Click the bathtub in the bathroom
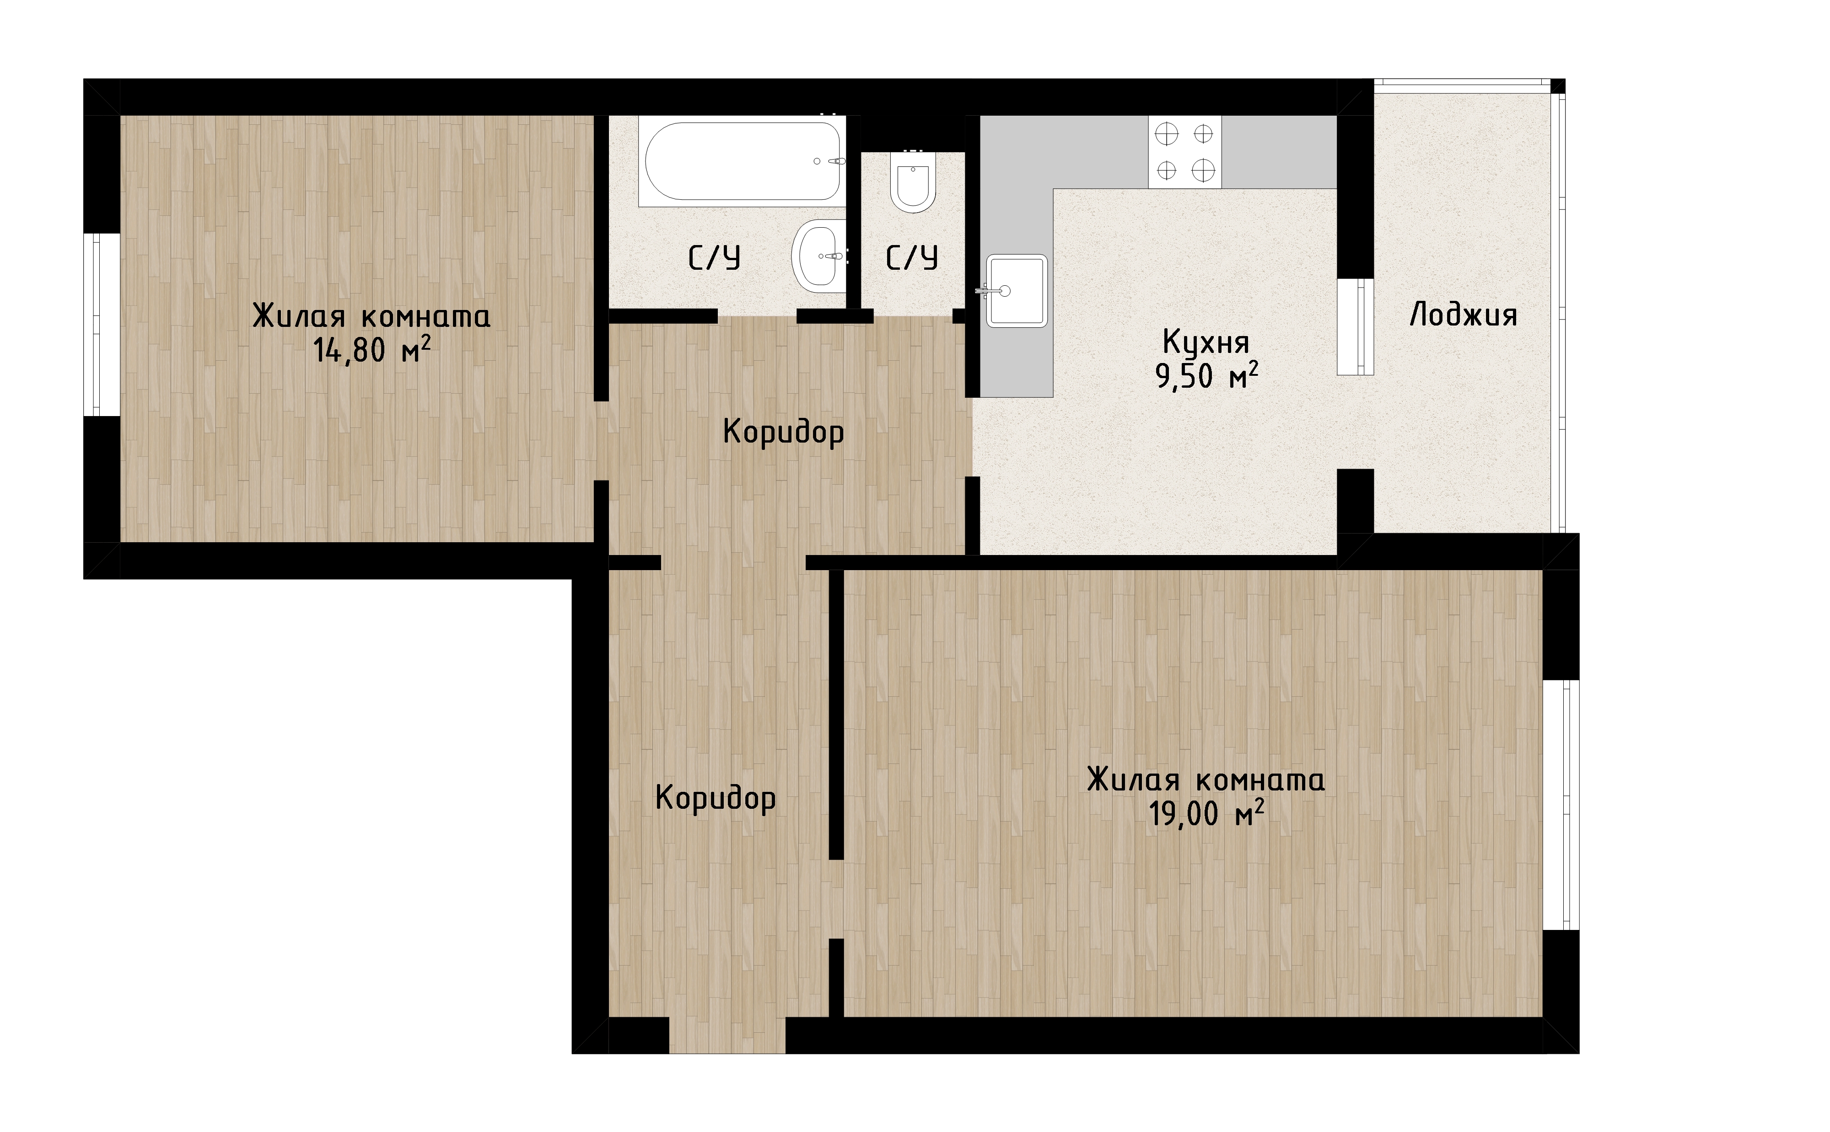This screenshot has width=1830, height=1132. click(x=742, y=161)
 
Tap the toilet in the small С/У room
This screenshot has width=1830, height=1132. click(x=912, y=182)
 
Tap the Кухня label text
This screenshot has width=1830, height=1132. click(x=1206, y=342)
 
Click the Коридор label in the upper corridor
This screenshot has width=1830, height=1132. click(x=784, y=433)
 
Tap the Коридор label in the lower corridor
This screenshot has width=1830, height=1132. click(x=716, y=798)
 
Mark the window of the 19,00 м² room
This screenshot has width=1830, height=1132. click(x=1561, y=805)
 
